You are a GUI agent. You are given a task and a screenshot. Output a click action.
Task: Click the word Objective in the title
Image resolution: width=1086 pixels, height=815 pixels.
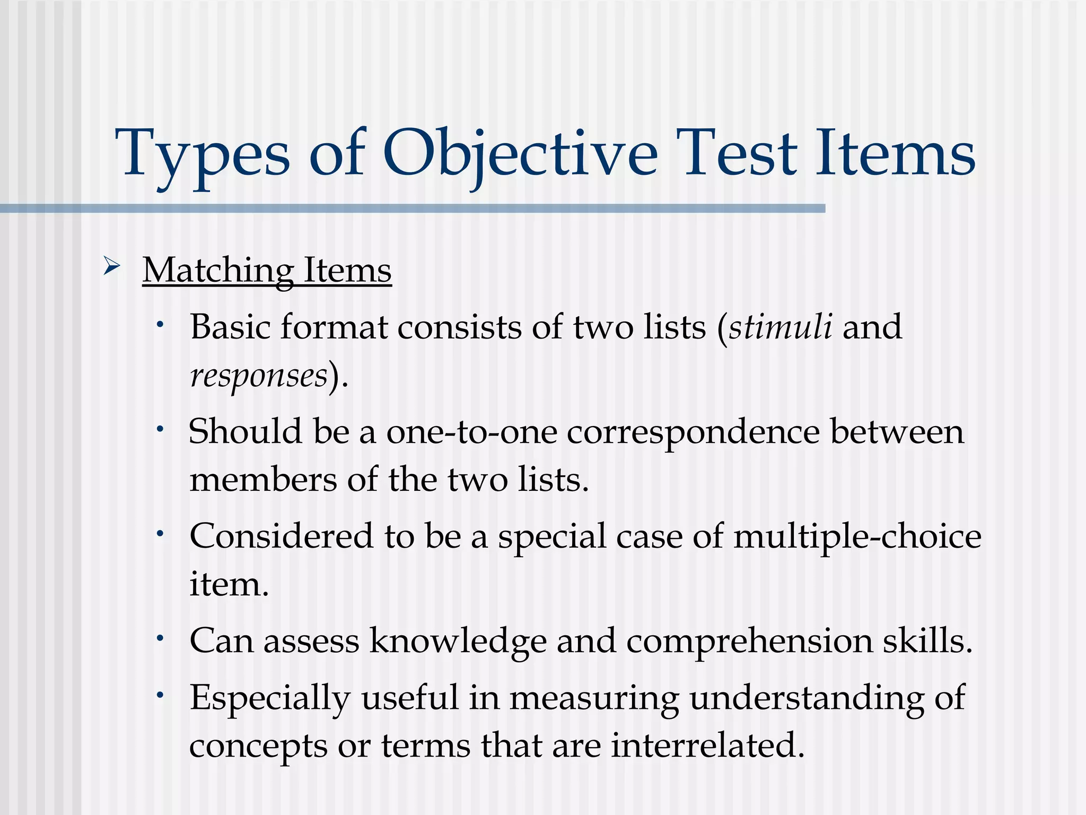coord(520,154)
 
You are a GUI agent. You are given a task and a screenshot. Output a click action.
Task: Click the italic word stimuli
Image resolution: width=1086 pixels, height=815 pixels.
coord(780,326)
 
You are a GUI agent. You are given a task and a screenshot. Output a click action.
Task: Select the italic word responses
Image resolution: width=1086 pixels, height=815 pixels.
coord(259,376)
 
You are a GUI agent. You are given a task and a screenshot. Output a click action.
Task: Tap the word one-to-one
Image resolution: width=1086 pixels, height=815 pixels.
coord(471,431)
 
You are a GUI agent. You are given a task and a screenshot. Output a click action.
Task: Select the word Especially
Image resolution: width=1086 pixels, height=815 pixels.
coord(270,698)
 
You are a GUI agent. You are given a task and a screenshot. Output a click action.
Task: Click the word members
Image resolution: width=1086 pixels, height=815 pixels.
coord(263,480)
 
